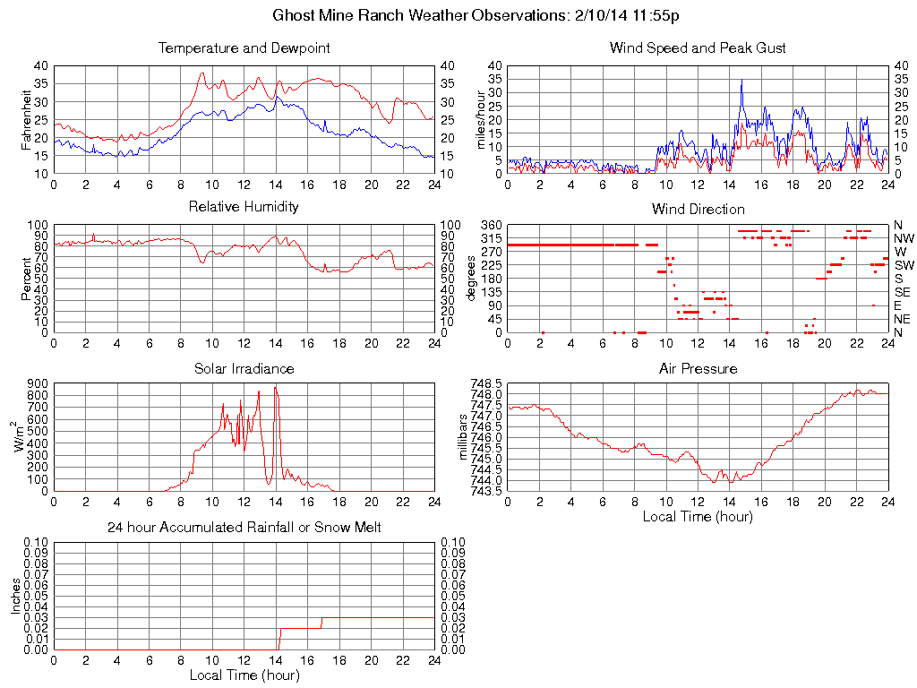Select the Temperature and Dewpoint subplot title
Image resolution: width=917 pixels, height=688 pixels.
coord(244,47)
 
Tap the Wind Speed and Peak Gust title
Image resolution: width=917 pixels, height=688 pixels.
coord(698,47)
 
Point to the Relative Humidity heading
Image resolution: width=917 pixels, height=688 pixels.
coord(244,207)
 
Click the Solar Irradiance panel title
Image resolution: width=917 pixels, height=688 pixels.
coord(244,368)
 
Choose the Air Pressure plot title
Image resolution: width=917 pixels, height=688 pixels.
coord(698,368)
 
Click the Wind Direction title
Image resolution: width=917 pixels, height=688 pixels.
coord(698,209)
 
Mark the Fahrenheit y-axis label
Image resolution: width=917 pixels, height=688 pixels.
coord(27,119)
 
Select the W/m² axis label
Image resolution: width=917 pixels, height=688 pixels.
coord(18,436)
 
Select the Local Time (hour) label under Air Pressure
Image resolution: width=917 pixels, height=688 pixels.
coord(698,516)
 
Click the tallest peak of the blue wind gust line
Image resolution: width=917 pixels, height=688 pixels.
coord(741,80)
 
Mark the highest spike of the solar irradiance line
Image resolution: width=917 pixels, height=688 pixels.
coord(275,387)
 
